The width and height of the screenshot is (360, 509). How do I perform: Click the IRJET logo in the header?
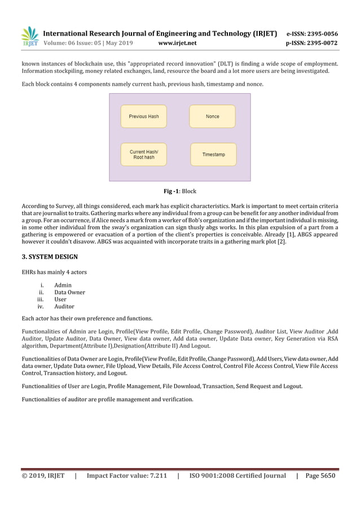(x=30, y=37)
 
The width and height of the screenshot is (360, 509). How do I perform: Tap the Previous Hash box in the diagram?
(x=144, y=116)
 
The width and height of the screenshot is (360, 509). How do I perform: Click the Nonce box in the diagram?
(x=213, y=116)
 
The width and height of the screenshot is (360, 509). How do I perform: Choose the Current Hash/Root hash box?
(x=144, y=155)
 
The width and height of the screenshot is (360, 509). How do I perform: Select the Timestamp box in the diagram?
(x=213, y=155)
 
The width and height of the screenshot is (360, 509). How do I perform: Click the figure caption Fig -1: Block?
(x=180, y=191)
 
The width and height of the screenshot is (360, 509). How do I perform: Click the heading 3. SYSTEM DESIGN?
(x=50, y=257)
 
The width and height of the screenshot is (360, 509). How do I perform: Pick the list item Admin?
(x=63, y=286)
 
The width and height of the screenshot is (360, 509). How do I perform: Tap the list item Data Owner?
(x=69, y=292)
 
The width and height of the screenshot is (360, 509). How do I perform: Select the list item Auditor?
(x=64, y=306)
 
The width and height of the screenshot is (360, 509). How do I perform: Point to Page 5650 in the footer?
(x=320, y=476)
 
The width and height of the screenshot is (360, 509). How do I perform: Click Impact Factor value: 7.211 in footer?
(x=126, y=476)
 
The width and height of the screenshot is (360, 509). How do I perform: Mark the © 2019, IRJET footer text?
(x=43, y=476)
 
